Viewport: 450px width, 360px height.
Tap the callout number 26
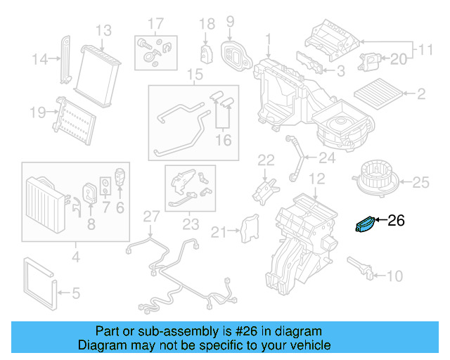click(x=397, y=221)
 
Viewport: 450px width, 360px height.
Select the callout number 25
click(x=419, y=183)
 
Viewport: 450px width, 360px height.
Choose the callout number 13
click(x=103, y=30)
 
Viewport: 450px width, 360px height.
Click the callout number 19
click(x=37, y=111)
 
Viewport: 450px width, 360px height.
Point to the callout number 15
click(x=194, y=75)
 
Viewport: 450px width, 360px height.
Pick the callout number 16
click(x=223, y=141)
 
